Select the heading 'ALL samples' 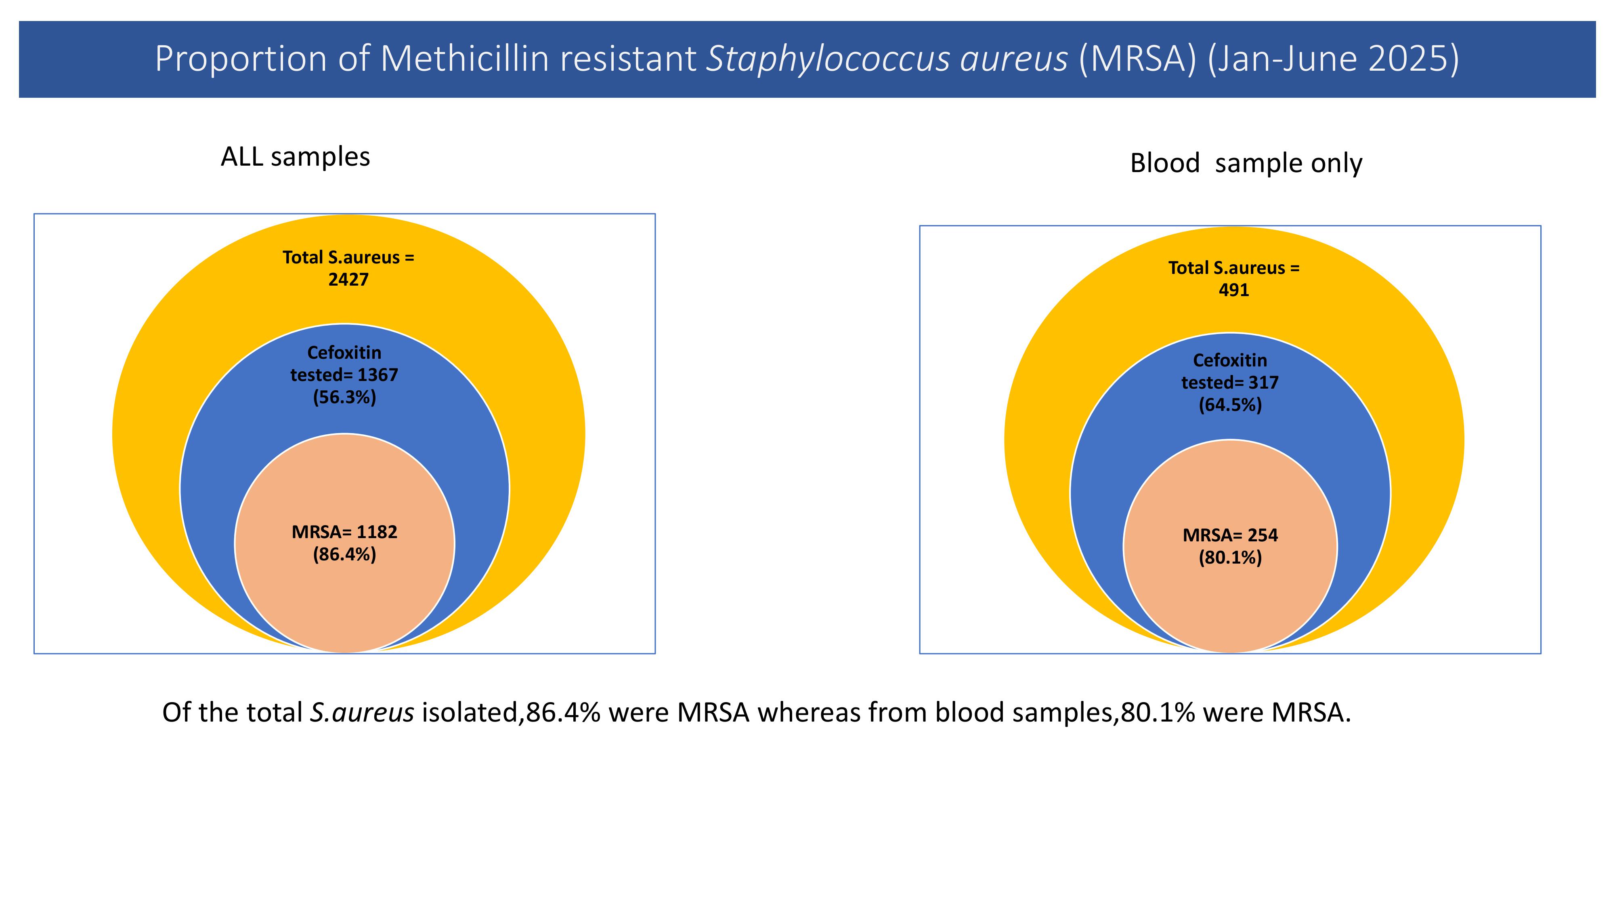click(295, 157)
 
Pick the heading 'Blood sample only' click(1246, 163)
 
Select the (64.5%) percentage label click(1230, 405)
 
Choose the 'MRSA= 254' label click(1230, 535)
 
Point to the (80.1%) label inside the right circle click(1230, 558)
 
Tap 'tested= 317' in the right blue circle click(1230, 383)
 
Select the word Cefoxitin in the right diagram click(1230, 360)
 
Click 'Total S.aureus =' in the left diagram click(348, 257)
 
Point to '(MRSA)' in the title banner click(1137, 59)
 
